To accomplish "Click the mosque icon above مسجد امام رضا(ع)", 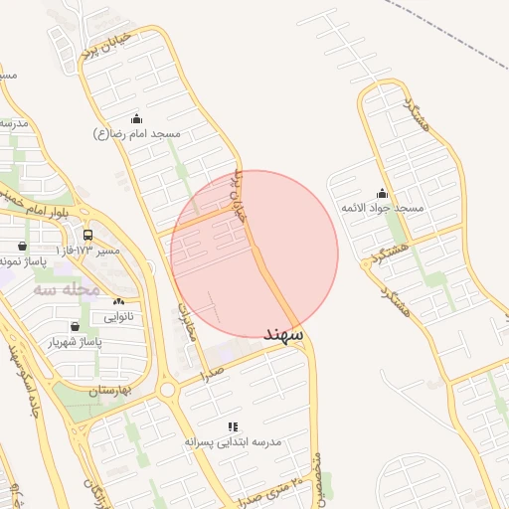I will (136, 119).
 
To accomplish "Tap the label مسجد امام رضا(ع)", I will (137, 133).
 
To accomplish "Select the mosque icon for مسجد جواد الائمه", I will (383, 194).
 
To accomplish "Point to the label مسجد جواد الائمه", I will (383, 208).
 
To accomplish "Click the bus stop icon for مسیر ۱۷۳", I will (88, 236).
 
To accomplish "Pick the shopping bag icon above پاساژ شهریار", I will (76, 326).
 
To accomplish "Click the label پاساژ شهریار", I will (76, 341).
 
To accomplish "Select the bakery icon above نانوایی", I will (119, 300).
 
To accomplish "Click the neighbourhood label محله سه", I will (66, 289).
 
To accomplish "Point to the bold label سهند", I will (282, 335).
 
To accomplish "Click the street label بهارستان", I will (110, 391).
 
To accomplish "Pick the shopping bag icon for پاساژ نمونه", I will (23, 246).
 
